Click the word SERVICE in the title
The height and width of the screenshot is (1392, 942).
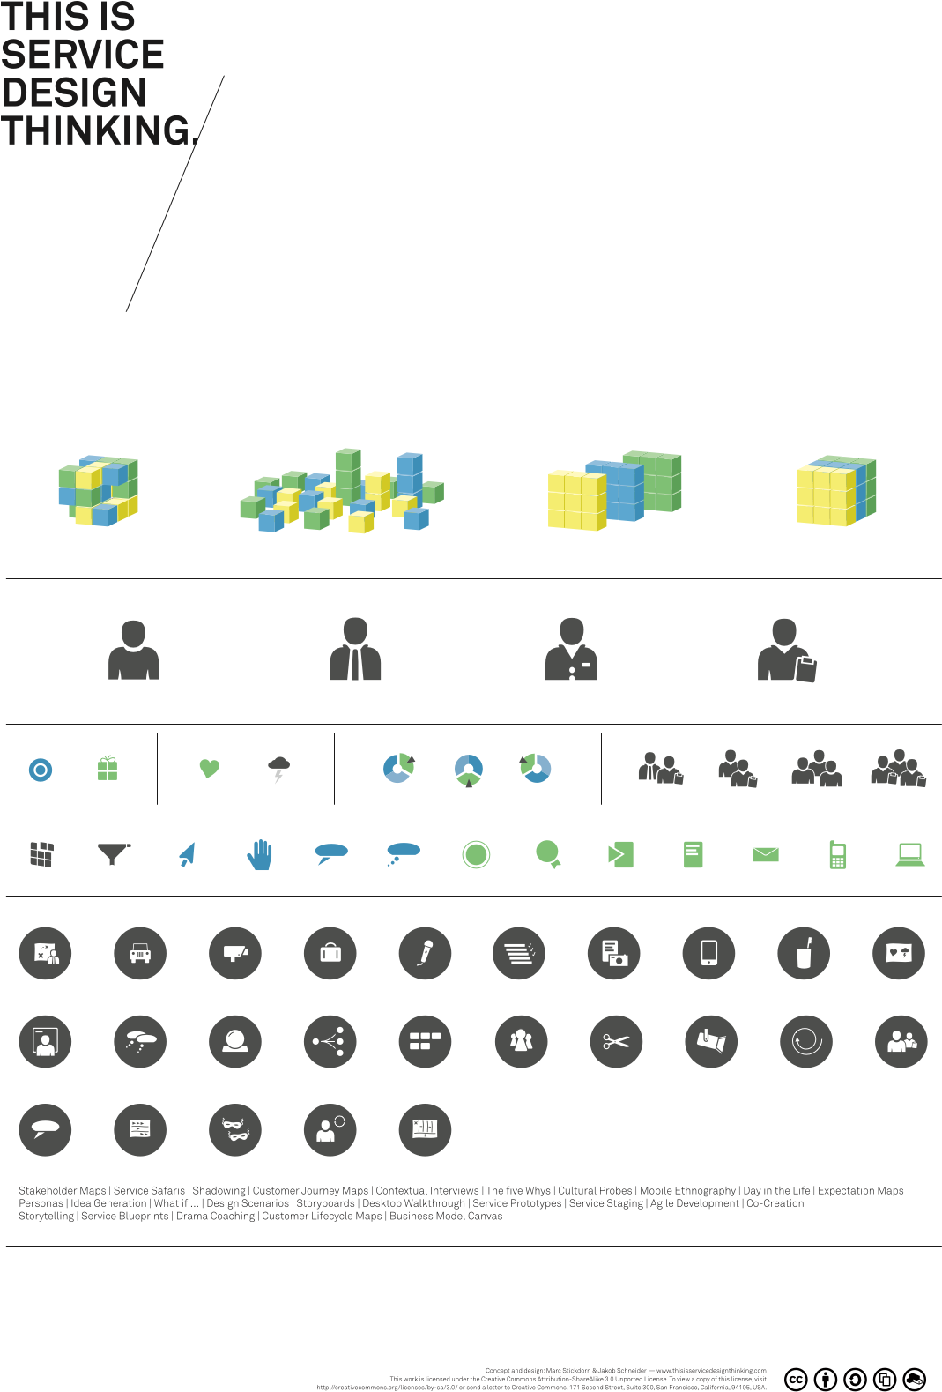coord(83,55)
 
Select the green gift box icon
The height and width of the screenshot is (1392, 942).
coord(108,769)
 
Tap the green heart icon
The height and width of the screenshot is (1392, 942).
coord(209,769)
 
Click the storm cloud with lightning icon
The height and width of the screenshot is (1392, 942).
coord(278,770)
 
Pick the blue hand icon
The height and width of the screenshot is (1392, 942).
coord(259,854)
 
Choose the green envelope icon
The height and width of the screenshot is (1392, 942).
coord(765,854)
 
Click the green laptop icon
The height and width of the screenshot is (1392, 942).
coord(909,854)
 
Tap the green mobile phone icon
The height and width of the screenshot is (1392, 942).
coord(837,854)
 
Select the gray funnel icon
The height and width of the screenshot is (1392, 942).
coord(113,853)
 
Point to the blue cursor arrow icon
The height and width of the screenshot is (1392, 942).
coord(187,854)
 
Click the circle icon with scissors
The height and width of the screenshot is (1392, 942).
coord(616,1041)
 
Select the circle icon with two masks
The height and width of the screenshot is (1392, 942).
coord(235,1129)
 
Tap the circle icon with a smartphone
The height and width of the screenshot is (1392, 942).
coord(708,953)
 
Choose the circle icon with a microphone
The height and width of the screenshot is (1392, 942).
coord(425,953)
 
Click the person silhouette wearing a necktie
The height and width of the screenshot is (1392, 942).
coord(355,650)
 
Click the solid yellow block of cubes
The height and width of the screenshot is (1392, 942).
coord(835,492)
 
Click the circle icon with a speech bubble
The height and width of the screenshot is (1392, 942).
coord(45,1129)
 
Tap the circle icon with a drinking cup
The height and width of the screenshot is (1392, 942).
coord(804,953)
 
